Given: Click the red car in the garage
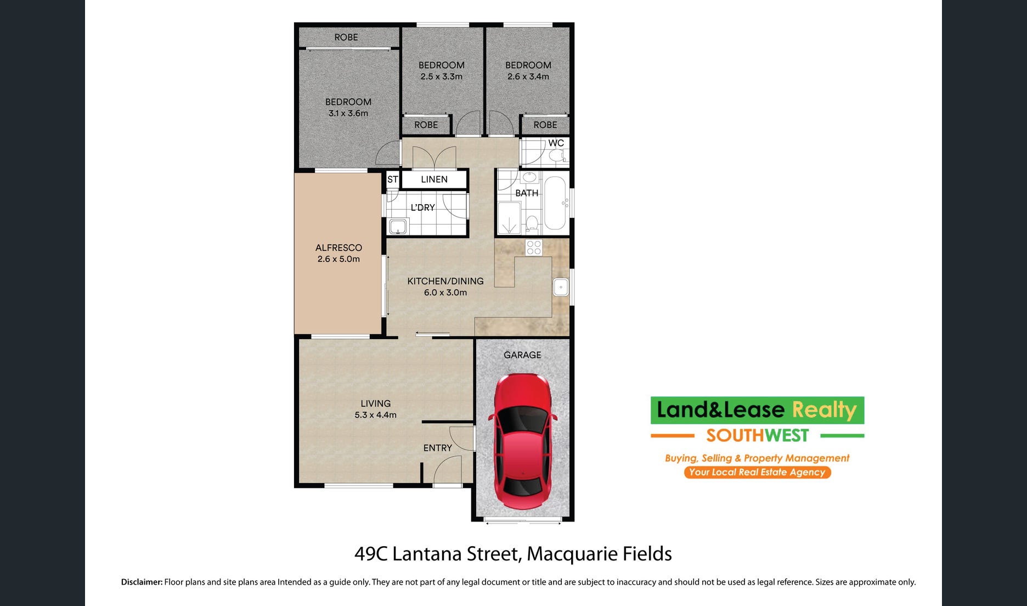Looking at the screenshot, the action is pos(523,441).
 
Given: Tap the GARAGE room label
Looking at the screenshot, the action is pos(522,355).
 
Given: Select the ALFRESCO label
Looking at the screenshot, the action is pos(338,248).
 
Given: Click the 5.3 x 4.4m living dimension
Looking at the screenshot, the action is pos(375,415).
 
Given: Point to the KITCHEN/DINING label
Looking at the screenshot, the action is pos(445,281).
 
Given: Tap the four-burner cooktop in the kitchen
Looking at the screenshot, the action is pos(534,248).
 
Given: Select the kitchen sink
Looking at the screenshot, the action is pos(561,287).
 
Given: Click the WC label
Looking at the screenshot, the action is pos(556,143).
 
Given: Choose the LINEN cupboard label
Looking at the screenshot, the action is pos(434,179).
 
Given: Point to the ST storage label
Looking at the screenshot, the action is pos(392,179).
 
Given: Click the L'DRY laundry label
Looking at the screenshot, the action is pos(422,207).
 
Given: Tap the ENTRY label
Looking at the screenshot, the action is pos(437,448).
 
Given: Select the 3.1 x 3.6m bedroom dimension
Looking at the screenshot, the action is pos(348,114).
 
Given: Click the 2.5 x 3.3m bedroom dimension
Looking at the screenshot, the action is pos(441,77).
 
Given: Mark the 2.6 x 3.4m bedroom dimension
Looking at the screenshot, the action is pos(528,77).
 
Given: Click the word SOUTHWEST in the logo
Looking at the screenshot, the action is pos(757,436).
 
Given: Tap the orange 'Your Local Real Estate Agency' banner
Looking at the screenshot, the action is pos(757,472).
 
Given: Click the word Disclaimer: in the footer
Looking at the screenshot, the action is pos(142,582).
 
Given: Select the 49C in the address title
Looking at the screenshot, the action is pos(371,554).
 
